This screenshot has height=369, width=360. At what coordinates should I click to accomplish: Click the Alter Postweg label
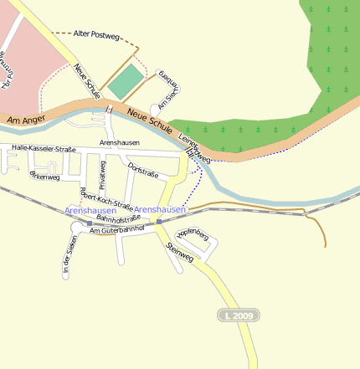coord(95,34)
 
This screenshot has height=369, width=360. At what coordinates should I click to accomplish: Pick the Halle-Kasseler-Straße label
coord(44,148)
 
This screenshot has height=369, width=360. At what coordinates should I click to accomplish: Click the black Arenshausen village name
coord(119,143)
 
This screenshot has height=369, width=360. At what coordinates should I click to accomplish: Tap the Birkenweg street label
coord(44,176)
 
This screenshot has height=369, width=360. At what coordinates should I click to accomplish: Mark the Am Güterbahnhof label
coord(117,228)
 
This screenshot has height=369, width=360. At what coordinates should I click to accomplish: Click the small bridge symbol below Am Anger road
coord(108,109)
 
